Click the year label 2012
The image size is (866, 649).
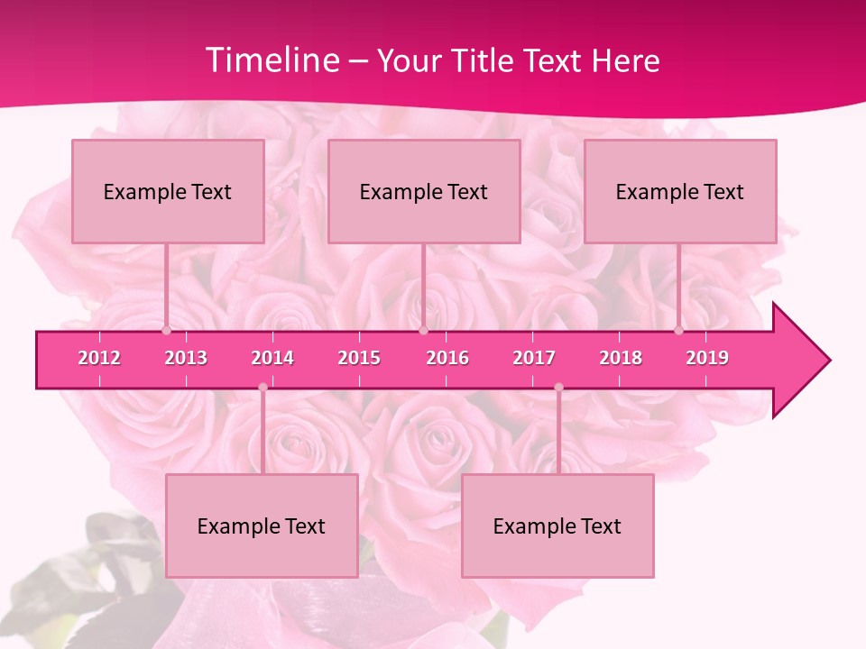coord(99,358)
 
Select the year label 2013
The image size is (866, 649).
coord(186,358)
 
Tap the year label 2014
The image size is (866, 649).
coord(272,358)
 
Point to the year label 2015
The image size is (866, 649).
coord(359,358)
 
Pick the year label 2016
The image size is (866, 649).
coord(447,358)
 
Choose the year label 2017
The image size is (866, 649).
coord(534,358)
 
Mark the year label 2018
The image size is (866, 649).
coord(621,358)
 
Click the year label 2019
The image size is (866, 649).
coord(707,358)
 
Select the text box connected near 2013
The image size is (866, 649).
coord(168,191)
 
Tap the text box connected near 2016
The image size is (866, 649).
coord(424,191)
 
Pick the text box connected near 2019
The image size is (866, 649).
coord(680,191)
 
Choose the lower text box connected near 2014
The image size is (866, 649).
coord(262,526)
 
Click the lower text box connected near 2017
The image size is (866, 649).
coord(557,526)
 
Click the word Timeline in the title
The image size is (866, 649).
coord(271,60)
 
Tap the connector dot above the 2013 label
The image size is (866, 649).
coord(167,331)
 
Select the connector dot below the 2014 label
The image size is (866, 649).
coord(263,388)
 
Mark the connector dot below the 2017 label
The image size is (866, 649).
coord(558,388)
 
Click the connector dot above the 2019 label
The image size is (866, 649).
coord(679,331)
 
